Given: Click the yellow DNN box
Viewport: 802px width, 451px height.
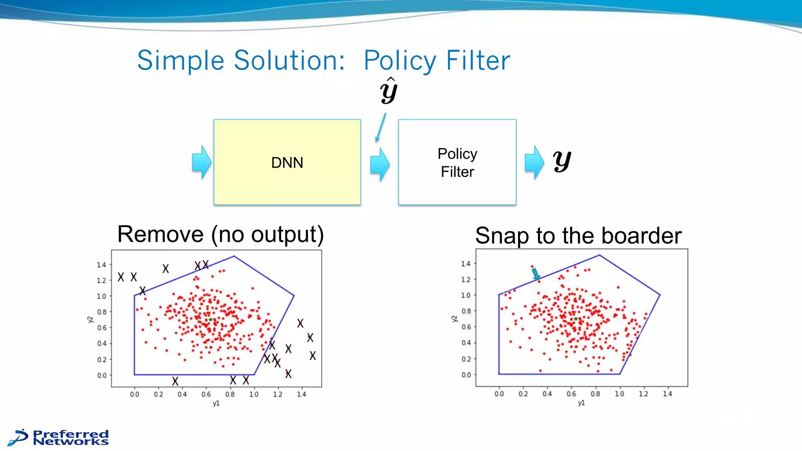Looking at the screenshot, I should click(x=287, y=162).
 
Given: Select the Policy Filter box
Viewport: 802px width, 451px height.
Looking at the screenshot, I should click(x=457, y=162).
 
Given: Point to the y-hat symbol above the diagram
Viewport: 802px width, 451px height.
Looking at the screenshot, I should click(x=388, y=91).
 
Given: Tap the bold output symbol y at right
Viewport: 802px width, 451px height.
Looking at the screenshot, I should click(x=562, y=161).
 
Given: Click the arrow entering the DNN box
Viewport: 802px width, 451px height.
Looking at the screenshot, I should click(x=202, y=162).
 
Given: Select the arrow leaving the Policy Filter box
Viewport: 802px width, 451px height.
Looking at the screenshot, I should click(x=534, y=162).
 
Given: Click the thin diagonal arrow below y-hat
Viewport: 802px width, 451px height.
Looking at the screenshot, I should click(x=381, y=128).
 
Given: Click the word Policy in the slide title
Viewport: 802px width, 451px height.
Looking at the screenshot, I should click(x=399, y=61).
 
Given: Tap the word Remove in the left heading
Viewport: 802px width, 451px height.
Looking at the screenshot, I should click(x=160, y=234).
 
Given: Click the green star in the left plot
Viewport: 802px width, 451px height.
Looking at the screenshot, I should click(x=210, y=320).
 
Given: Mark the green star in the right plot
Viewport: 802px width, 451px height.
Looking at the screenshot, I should click(x=575, y=319).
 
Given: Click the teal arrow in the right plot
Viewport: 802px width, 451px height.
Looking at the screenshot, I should click(x=536, y=274).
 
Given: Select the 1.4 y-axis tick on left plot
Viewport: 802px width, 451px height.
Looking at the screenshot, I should click(x=101, y=265).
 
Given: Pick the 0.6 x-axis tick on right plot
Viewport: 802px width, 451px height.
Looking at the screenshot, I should click(x=571, y=394).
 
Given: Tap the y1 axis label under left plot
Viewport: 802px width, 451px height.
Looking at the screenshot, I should click(x=216, y=403).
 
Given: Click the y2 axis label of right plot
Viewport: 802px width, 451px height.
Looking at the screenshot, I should click(x=454, y=319).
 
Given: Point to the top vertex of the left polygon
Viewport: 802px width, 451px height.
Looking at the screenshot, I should click(x=234, y=256).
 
